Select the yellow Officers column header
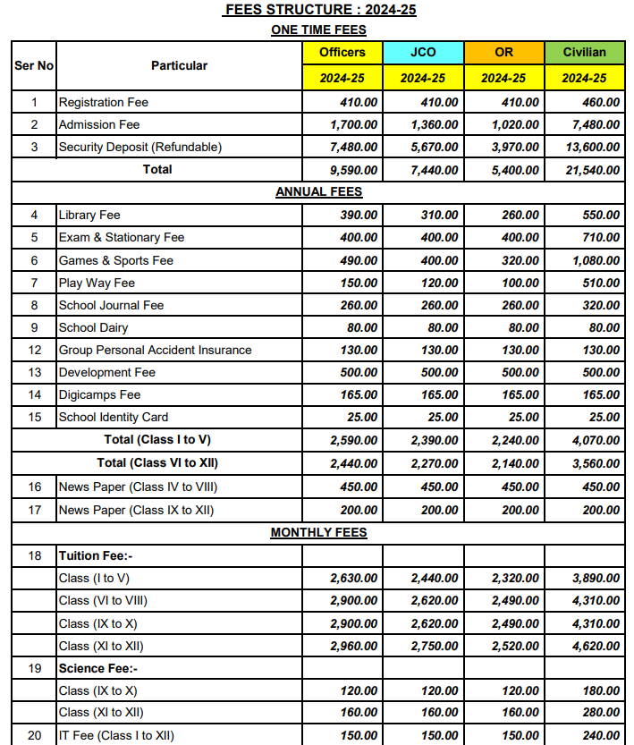pos(342,52)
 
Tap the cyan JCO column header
pos(423,52)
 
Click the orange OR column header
pos(503,52)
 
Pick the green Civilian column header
pos(584,52)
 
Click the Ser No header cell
pos(34,65)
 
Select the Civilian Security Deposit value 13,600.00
pos(587,147)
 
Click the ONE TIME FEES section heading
pos(318,30)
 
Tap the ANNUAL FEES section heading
pos(318,191)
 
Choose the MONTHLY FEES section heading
pos(318,533)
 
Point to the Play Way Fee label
pos(97,283)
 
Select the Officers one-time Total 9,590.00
pos(353,170)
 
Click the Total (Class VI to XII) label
pos(157,462)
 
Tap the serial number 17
pos(34,510)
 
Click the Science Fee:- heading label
pos(98,668)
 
